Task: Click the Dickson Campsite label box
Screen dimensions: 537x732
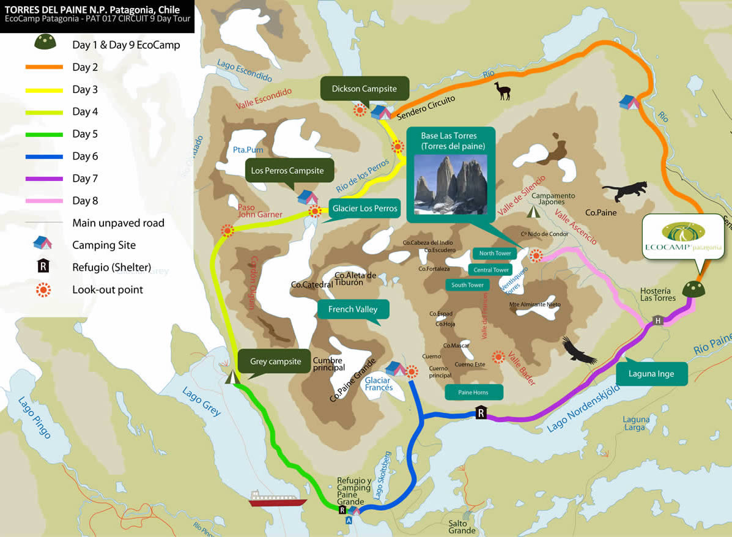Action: coord(364,89)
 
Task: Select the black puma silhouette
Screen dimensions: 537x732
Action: coord(623,191)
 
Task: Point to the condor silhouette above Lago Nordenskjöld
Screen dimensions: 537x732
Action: coord(578,349)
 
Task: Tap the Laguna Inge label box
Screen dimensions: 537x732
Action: coord(651,374)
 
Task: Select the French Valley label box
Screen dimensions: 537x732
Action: coord(352,309)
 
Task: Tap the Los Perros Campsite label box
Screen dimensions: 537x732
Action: coord(287,171)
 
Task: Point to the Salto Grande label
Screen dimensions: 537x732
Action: coord(462,527)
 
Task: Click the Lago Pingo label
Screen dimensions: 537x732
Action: coord(34,418)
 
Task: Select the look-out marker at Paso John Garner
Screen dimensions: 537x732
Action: coord(227,231)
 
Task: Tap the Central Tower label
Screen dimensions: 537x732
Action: coord(492,270)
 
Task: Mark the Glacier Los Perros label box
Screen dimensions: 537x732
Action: coord(364,209)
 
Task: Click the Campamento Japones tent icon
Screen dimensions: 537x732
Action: coord(534,212)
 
